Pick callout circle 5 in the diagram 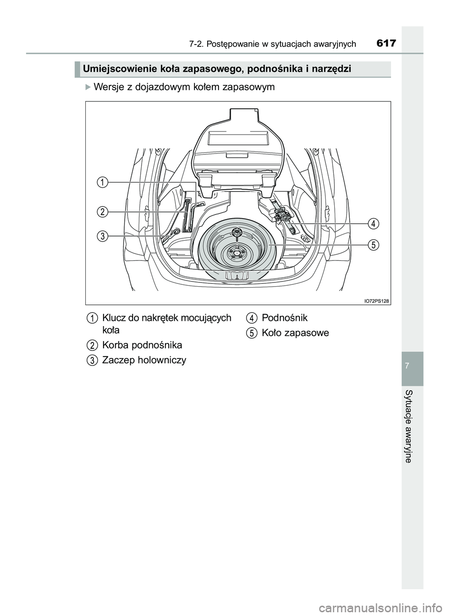[373, 245]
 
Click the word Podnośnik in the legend [285, 318]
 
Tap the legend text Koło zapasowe [295, 333]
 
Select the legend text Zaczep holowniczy [144, 360]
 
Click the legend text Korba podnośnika [142, 345]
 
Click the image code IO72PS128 [377, 300]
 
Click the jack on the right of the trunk [284, 219]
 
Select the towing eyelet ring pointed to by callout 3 [177, 232]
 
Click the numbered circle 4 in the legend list [251, 319]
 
